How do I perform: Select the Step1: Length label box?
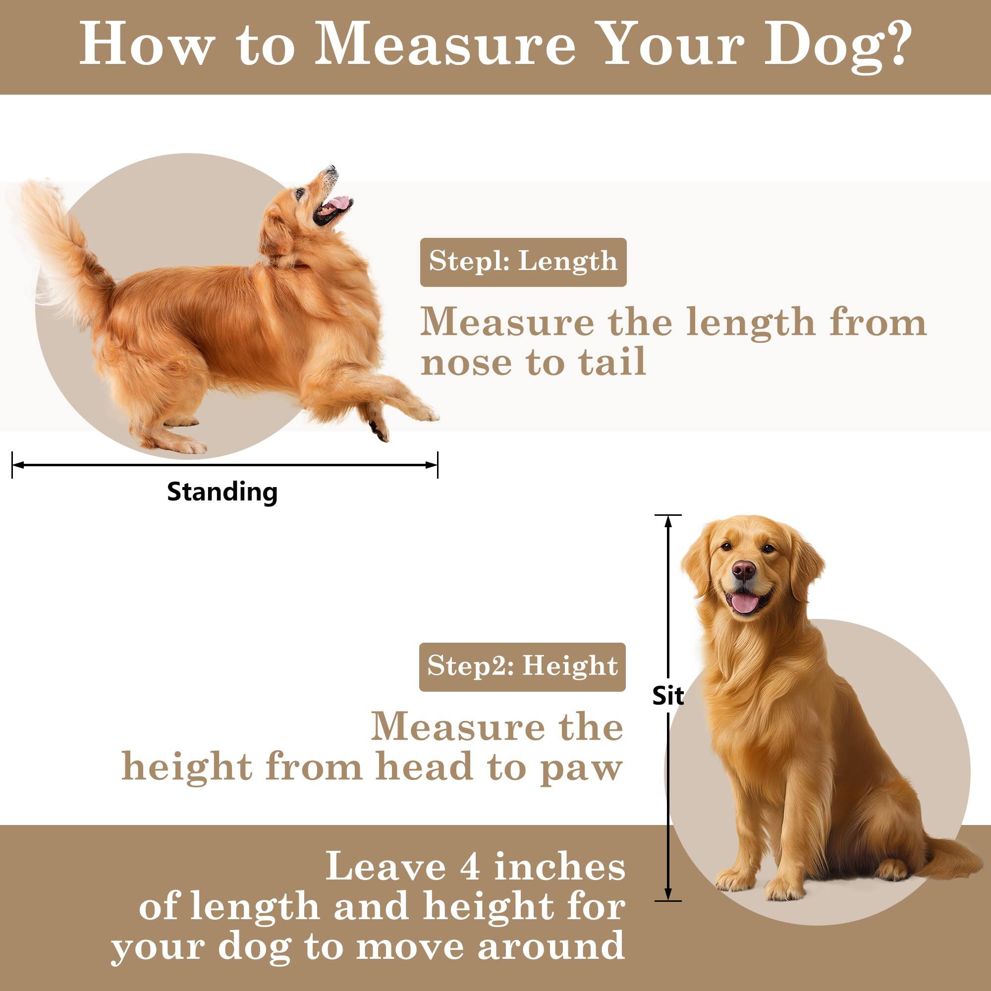(x=523, y=262)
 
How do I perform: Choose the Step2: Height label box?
(x=522, y=667)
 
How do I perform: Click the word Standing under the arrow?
(x=222, y=492)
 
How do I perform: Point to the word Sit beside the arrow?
(x=668, y=696)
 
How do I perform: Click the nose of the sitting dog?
(x=744, y=569)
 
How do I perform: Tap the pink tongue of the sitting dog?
(x=745, y=604)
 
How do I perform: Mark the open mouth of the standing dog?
(x=332, y=208)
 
